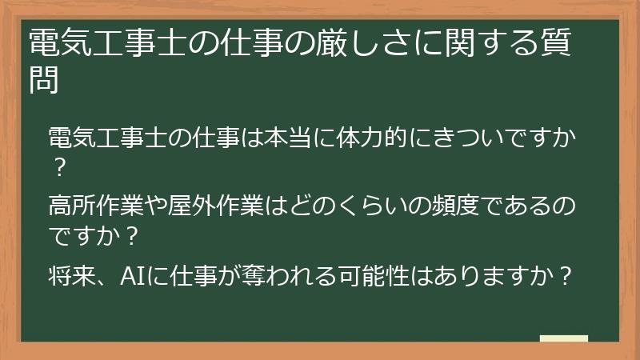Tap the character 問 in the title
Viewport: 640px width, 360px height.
(x=44, y=80)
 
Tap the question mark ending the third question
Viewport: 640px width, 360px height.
(x=566, y=277)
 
